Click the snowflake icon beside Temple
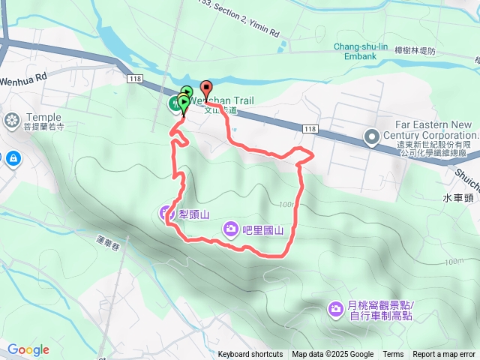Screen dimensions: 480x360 tap(13, 120)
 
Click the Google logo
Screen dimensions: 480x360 tap(28, 349)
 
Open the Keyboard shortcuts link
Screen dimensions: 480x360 tap(250, 355)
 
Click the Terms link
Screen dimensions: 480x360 tap(393, 355)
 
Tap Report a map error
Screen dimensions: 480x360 tap(444, 355)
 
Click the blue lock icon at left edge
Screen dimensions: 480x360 tap(13, 158)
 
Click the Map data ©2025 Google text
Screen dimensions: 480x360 tap(332, 355)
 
